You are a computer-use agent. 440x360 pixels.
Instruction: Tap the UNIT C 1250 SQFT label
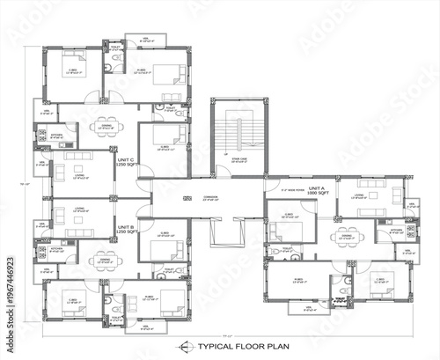[x=125, y=163]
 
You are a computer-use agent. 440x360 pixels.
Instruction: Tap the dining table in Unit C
[x=104, y=123]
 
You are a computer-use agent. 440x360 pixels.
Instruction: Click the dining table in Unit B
[x=104, y=262]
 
